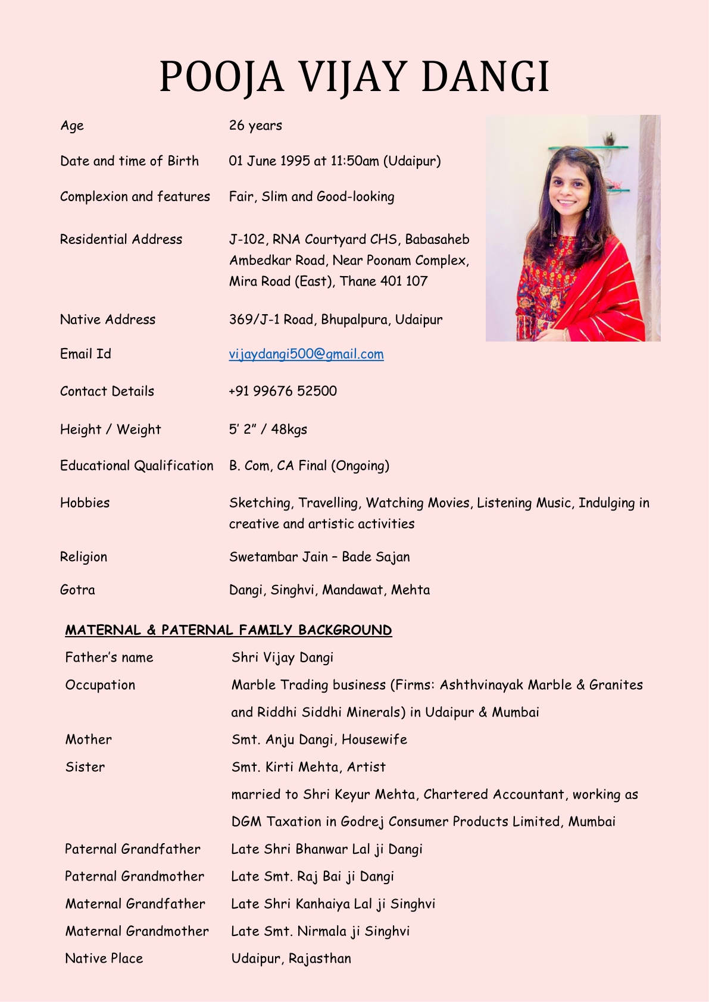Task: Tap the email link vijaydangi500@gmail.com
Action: [x=306, y=354]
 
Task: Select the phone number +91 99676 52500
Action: [x=283, y=391]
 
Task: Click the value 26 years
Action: [x=255, y=126]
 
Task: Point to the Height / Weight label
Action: [x=110, y=429]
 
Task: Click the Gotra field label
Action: [x=77, y=590]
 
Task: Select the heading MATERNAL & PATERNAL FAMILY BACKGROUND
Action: [x=229, y=630]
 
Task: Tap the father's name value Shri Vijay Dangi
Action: [x=282, y=657]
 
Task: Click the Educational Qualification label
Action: [x=136, y=465]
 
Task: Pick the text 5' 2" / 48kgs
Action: [x=268, y=429]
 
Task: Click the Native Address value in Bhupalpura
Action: [x=336, y=320]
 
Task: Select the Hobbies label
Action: [x=85, y=503]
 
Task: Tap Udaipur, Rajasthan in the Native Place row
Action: [x=291, y=959]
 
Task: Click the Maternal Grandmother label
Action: [x=137, y=931]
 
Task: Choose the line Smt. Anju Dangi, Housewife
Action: [x=319, y=740]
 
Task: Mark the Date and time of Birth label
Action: [x=129, y=161]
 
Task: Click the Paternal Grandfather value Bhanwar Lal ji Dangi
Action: [x=327, y=849]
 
